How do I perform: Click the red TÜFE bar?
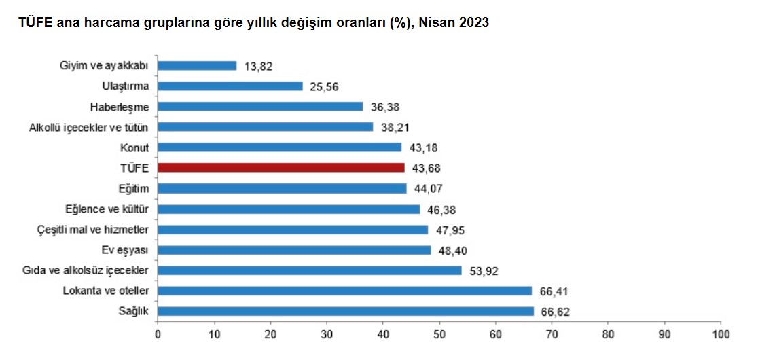click(x=281, y=168)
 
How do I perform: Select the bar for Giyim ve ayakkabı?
click(x=197, y=66)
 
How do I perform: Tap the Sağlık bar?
click(x=346, y=311)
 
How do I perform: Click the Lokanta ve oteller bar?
click(x=345, y=291)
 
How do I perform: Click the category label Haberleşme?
click(x=120, y=107)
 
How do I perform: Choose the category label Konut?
click(x=135, y=147)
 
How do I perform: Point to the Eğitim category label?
click(x=133, y=188)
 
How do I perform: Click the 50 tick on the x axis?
click(x=439, y=334)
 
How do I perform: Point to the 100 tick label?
click(x=721, y=334)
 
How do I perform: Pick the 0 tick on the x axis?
click(x=158, y=334)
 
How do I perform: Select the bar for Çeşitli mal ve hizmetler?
click(x=293, y=230)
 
